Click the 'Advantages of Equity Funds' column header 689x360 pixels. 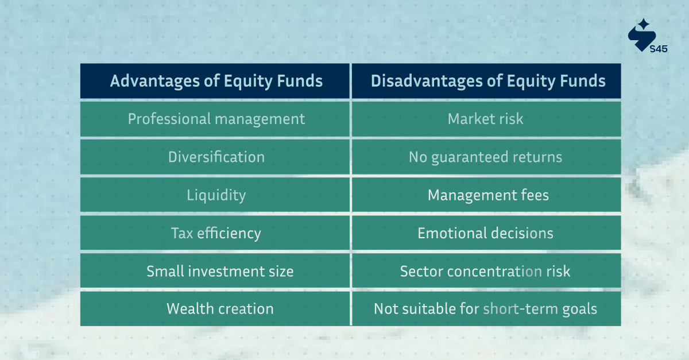pos(215,81)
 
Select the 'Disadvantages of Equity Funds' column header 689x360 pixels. pos(487,81)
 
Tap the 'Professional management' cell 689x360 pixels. pos(215,119)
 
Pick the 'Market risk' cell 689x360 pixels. pos(486,119)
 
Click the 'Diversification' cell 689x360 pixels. pos(215,157)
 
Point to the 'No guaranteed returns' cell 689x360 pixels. pos(486,157)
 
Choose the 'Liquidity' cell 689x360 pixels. pos(215,195)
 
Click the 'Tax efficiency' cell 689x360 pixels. pos(215,233)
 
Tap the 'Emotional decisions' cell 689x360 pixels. pos(486,233)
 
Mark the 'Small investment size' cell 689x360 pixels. pos(219,271)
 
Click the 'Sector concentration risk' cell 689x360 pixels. pos(486,271)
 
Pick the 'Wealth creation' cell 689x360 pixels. pos(219,309)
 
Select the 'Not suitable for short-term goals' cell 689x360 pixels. pos(486,309)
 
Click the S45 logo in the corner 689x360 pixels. pos(647,37)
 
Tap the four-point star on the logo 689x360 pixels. pos(644,24)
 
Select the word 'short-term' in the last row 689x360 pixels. pos(513,309)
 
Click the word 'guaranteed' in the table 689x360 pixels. pos(469,157)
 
